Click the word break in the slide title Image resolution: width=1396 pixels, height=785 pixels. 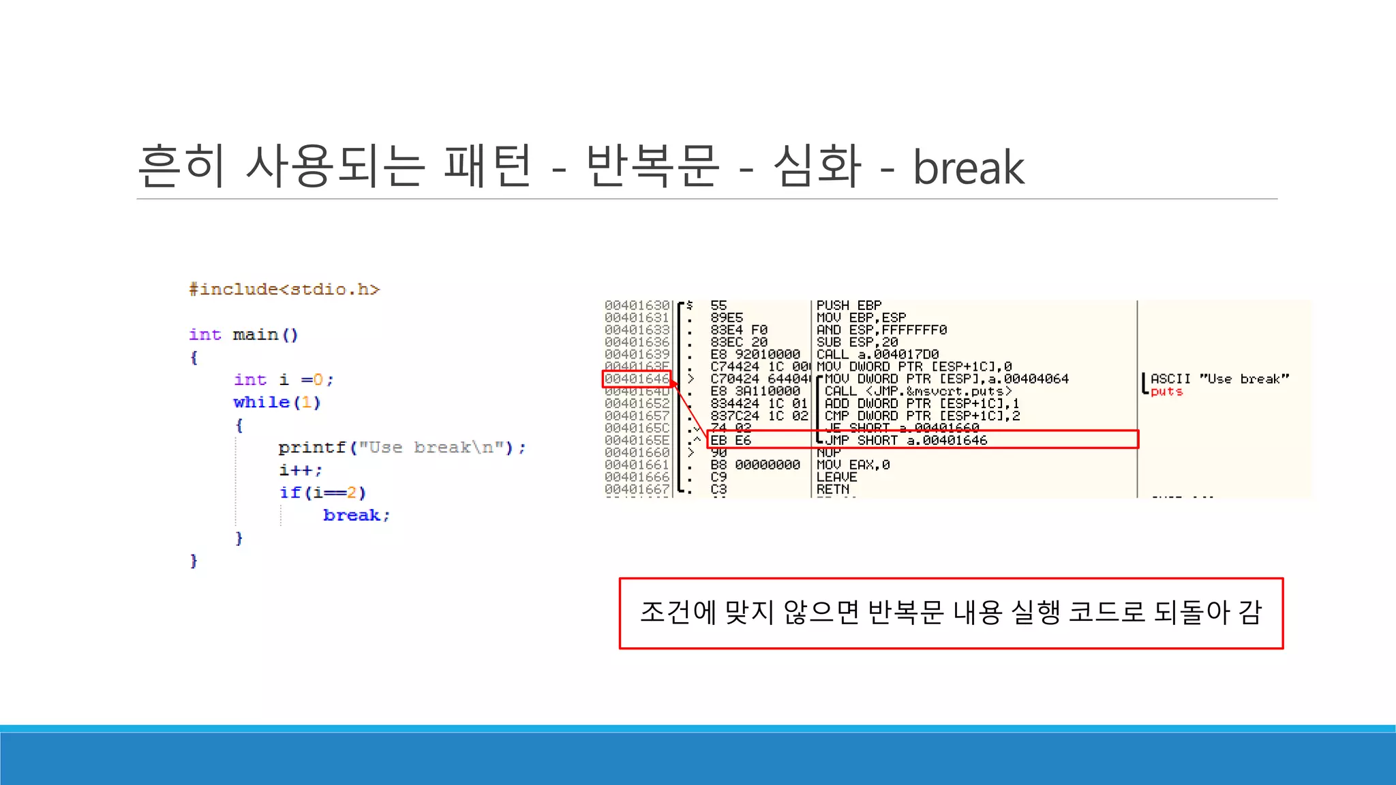[968, 168]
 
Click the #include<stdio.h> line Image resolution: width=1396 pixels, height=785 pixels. [284, 290]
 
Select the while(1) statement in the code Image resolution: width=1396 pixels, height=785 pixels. [277, 402]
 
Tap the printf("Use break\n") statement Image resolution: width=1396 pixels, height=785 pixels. [401, 448]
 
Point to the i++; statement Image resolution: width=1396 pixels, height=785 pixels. [300, 470]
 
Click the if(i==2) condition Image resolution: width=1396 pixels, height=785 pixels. [322, 493]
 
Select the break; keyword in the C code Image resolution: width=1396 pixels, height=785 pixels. [356, 515]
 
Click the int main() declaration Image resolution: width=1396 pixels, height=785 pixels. [243, 335]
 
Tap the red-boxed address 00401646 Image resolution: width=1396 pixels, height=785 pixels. [637, 379]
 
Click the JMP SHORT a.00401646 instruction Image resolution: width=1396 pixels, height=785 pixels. [906, 440]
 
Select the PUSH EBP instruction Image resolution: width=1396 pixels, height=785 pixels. [849, 305]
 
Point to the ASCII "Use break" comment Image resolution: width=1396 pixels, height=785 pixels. [1219, 379]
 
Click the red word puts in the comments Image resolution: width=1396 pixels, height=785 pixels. [1166, 392]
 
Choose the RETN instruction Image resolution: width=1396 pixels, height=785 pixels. [833, 489]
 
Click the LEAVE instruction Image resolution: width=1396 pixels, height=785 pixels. [836, 477]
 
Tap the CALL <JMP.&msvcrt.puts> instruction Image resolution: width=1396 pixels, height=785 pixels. [917, 391]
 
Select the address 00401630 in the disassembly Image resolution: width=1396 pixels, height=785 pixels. [637, 305]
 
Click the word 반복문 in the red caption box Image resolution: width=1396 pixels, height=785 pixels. [905, 613]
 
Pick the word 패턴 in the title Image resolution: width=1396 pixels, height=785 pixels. [487, 166]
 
